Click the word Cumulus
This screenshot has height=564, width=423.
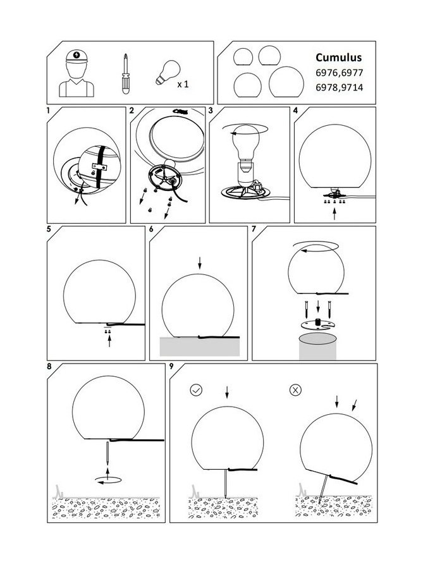[338, 58]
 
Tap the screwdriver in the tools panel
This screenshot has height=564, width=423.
[125, 74]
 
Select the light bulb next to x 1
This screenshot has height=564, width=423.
[168, 72]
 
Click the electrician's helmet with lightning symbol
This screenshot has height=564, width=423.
[77, 56]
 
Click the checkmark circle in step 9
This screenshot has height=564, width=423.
[196, 390]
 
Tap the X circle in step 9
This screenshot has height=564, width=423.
[295, 390]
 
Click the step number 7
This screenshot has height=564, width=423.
[254, 229]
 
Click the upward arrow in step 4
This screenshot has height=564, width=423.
[334, 214]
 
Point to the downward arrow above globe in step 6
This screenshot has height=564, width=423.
[200, 264]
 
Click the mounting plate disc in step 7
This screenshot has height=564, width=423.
[317, 324]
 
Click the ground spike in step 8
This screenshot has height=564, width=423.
[107, 453]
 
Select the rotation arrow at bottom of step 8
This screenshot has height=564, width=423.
[108, 480]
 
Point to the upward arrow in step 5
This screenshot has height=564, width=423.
[109, 340]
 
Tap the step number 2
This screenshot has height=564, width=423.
[132, 111]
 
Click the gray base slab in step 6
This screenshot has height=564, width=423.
[200, 346]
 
